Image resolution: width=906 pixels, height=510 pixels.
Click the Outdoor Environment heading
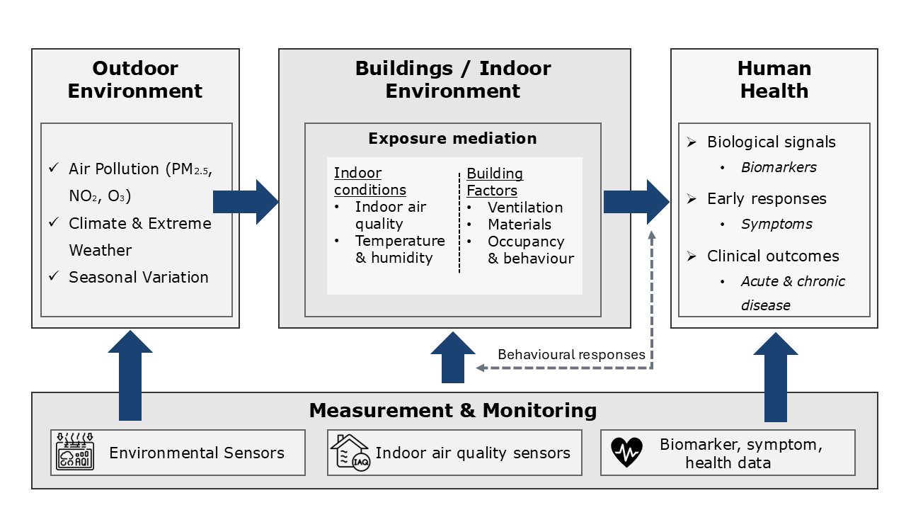135,79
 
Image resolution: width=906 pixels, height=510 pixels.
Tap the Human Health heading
774,79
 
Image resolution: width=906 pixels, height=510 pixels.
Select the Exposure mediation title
452,138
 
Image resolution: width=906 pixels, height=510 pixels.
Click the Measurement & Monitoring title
453,410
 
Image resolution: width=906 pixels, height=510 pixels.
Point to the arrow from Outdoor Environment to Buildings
246,202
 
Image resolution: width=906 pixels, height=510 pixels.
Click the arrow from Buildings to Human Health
636,202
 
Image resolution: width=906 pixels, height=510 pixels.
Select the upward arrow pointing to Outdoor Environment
130,375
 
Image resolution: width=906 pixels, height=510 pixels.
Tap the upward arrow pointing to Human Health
776,377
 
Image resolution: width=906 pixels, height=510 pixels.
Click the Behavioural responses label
571,355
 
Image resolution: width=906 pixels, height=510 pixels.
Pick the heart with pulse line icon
626,452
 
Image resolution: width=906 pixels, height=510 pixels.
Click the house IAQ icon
350,453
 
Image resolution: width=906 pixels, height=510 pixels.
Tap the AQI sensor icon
75,451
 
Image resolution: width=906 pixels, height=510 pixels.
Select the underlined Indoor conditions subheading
370,181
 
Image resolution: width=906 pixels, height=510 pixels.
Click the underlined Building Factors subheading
495,182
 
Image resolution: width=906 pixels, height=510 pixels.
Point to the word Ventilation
525,208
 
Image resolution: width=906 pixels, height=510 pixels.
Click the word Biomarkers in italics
779,167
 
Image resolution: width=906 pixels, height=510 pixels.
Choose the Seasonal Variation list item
138,277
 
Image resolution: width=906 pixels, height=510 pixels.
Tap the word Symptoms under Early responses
776,225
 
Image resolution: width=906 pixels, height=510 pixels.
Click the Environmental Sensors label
197,453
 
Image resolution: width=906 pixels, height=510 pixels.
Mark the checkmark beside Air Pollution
54,167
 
